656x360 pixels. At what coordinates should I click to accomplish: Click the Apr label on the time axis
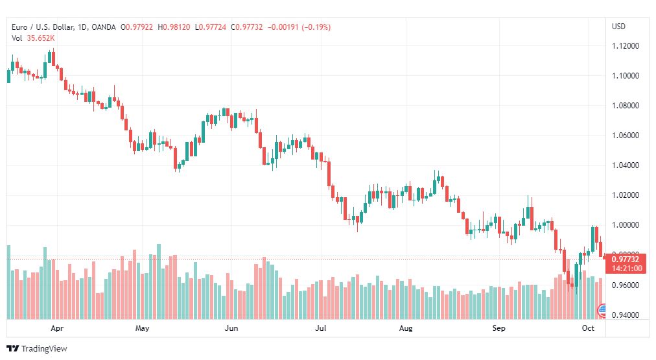click(57, 329)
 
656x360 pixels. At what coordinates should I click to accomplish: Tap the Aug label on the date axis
click(406, 329)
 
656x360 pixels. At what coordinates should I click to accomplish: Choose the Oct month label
click(588, 329)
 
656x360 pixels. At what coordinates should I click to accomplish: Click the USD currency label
click(618, 27)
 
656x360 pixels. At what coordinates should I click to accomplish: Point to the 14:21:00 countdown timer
click(626, 268)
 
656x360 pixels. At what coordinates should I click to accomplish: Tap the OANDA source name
click(104, 27)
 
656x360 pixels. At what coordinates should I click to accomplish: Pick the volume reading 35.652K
click(41, 38)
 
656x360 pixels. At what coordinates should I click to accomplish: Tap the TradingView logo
click(36, 348)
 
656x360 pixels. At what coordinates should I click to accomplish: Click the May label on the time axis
click(143, 329)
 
